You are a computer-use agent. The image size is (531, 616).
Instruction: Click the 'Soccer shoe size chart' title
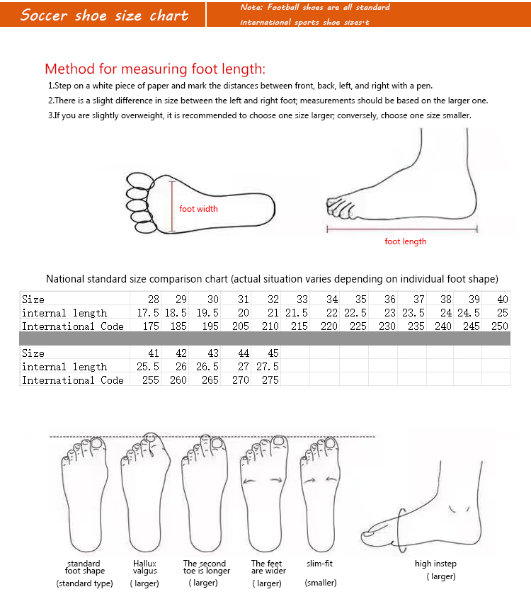tap(104, 15)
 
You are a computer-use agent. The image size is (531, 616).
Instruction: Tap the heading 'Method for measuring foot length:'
tap(155, 69)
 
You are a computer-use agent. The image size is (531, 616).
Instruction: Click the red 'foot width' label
tap(198, 209)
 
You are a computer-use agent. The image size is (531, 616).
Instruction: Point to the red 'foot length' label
tap(405, 241)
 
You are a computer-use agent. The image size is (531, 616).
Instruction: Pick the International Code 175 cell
tap(149, 326)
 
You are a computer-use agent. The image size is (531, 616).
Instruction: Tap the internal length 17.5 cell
tap(148, 313)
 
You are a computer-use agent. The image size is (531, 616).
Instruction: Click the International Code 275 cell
tap(270, 380)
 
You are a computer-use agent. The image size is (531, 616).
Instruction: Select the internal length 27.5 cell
tap(268, 367)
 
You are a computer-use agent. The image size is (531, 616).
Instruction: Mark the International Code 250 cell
tap(500, 326)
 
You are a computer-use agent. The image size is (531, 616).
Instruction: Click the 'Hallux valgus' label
tap(144, 567)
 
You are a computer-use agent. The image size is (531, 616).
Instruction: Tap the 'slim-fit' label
tap(319, 564)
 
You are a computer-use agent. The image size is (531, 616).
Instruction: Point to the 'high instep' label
tap(435, 564)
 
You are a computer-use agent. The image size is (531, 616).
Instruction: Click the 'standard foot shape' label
tap(84, 567)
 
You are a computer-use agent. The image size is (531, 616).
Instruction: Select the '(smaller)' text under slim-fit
tap(321, 583)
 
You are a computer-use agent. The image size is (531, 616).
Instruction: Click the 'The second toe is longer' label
tap(207, 567)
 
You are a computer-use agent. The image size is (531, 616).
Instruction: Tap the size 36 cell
tap(390, 300)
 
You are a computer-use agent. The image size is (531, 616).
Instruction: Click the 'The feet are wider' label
tap(268, 567)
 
